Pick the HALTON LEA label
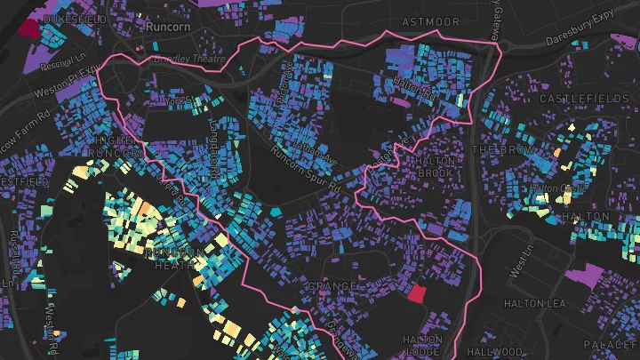(x=535, y=304)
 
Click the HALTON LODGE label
(x=422, y=345)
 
